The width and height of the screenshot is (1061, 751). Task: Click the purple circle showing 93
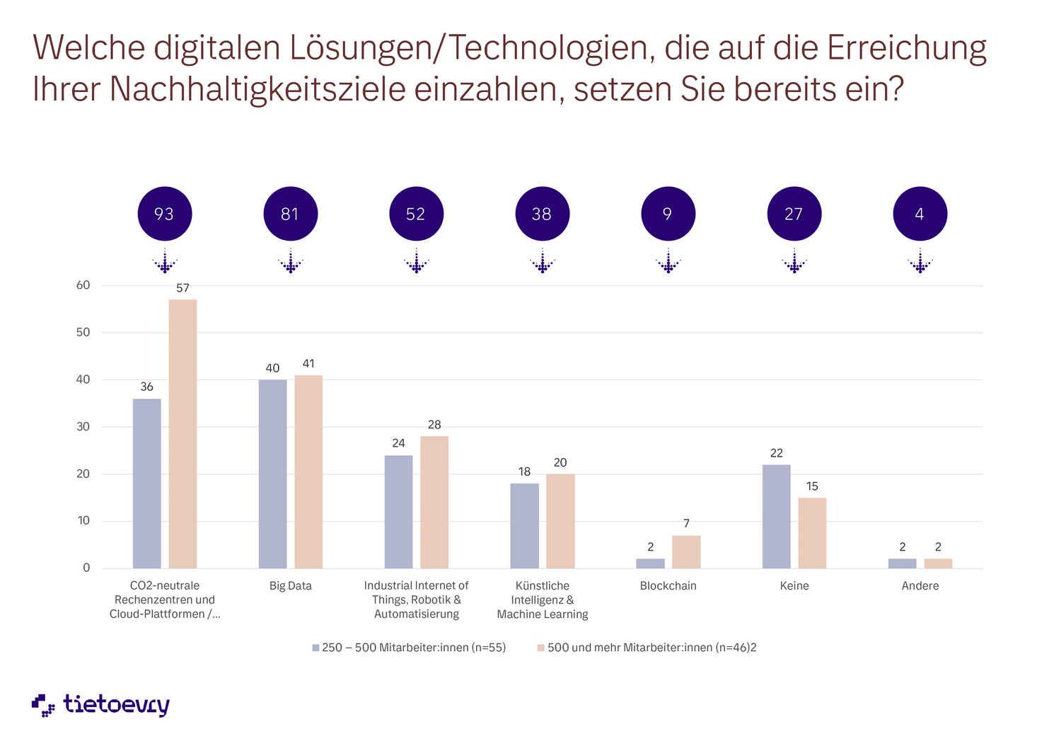pyautogui.click(x=164, y=214)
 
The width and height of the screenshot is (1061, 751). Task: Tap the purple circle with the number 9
pyautogui.click(x=668, y=214)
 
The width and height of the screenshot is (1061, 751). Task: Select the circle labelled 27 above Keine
pyautogui.click(x=794, y=214)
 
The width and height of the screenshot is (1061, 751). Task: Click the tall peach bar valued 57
pyautogui.click(x=182, y=433)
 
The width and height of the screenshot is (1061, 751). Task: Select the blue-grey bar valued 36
pyautogui.click(x=146, y=483)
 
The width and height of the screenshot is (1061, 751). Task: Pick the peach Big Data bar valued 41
pyautogui.click(x=308, y=471)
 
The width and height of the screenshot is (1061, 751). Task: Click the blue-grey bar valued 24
pyautogui.click(x=398, y=511)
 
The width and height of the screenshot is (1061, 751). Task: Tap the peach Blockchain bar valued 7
pyautogui.click(x=686, y=551)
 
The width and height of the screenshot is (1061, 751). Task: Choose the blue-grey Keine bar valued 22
pyautogui.click(x=776, y=516)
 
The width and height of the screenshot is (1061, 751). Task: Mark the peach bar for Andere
pyautogui.click(x=938, y=563)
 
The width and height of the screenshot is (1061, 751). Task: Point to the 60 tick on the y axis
pyautogui.click(x=83, y=285)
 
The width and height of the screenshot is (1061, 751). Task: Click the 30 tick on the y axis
pyautogui.click(x=83, y=427)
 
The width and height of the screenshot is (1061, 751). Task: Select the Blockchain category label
pyautogui.click(x=668, y=586)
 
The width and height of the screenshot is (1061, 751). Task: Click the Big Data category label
pyautogui.click(x=290, y=586)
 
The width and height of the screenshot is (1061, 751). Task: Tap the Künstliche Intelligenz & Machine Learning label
pyautogui.click(x=543, y=600)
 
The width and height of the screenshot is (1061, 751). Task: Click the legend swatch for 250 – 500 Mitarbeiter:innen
pyautogui.click(x=315, y=648)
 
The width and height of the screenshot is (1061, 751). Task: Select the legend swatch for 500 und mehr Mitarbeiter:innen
pyautogui.click(x=541, y=648)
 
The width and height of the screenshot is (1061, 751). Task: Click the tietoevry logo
pyautogui.click(x=101, y=705)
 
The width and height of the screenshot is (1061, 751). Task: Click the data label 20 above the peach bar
pyautogui.click(x=560, y=463)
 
